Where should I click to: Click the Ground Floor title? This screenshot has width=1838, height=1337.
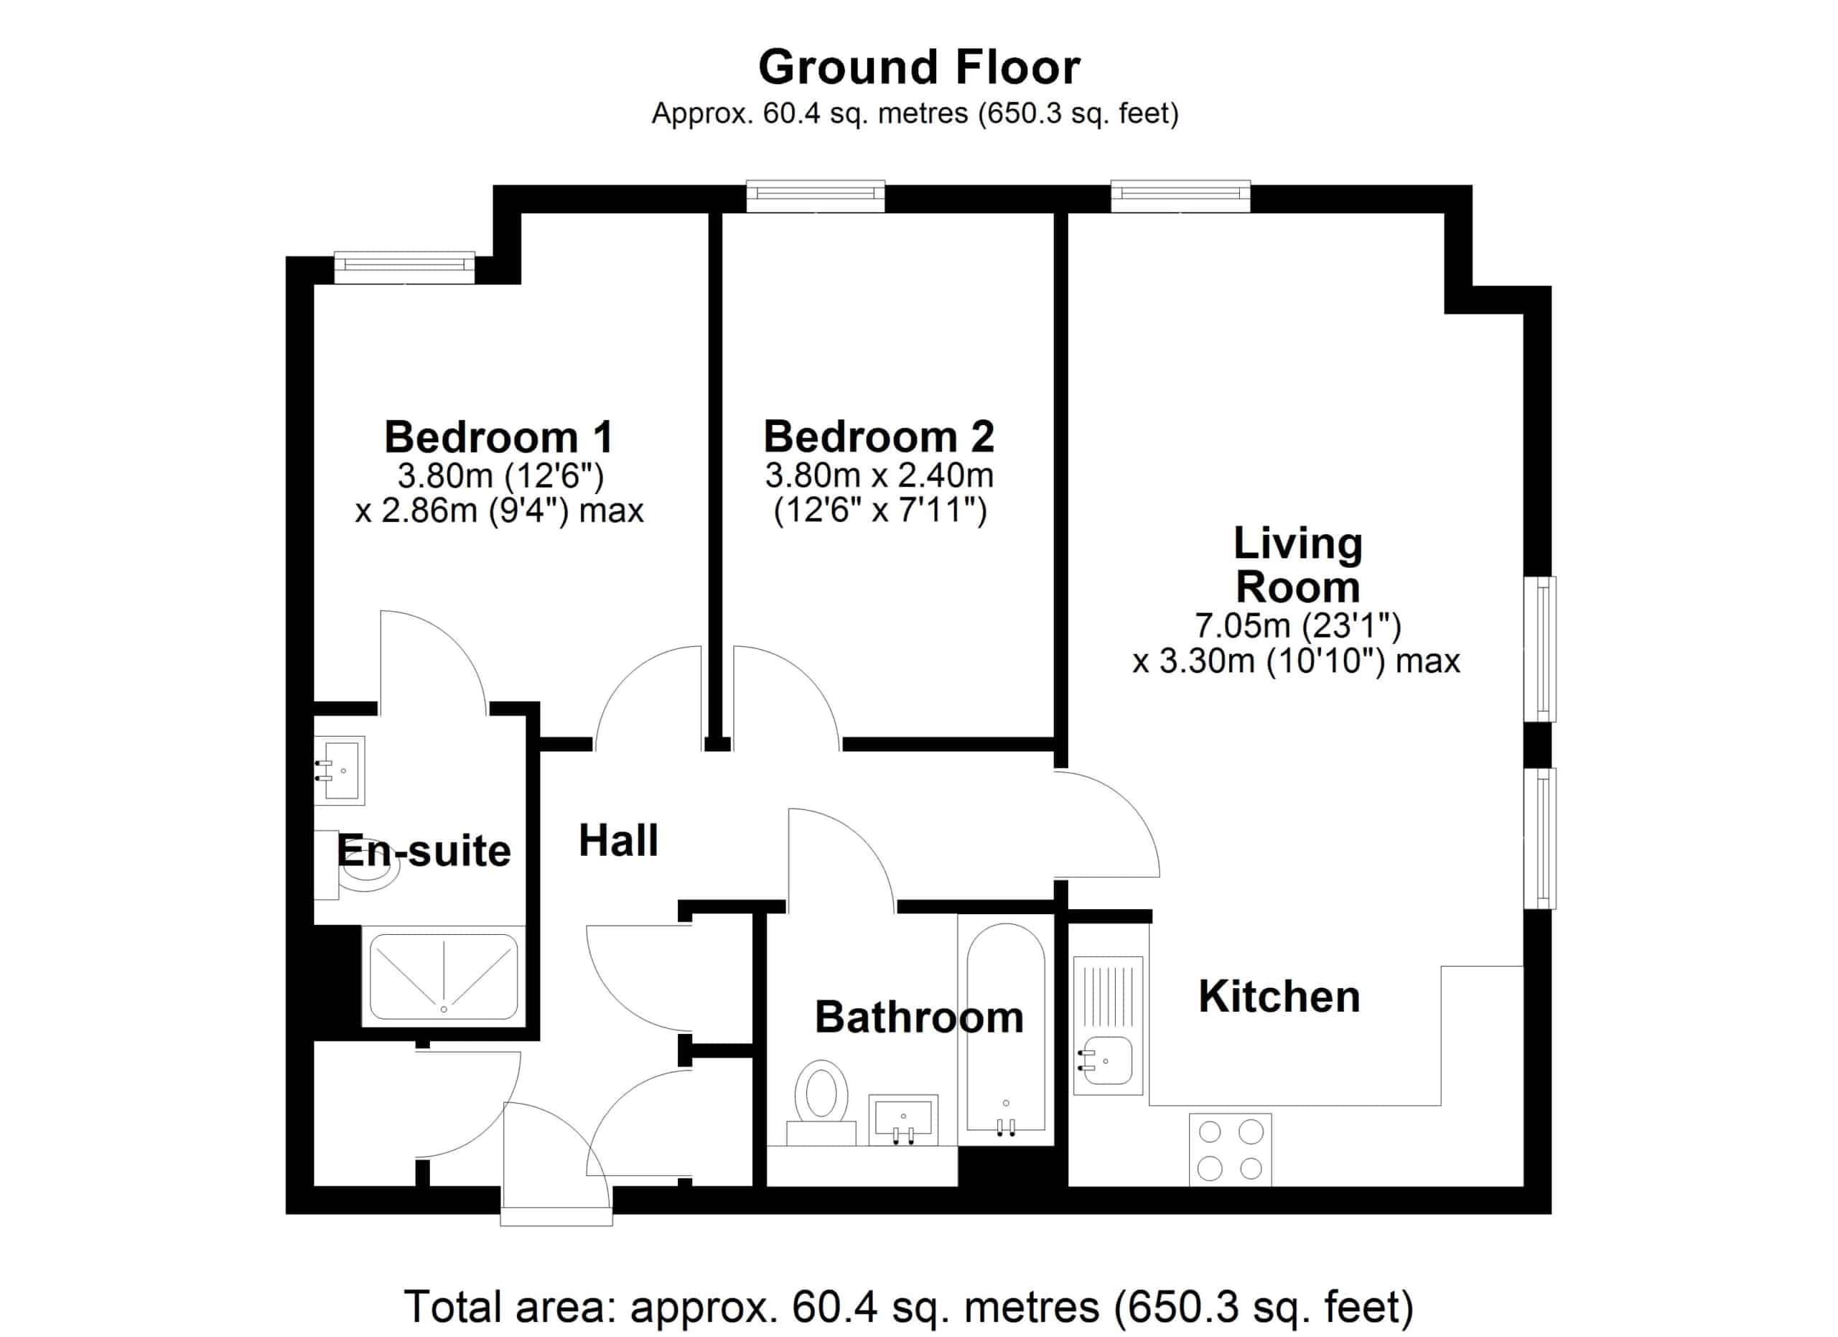click(919, 67)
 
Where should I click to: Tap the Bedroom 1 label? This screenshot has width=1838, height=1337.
click(498, 437)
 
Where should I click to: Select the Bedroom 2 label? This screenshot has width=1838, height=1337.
click(879, 437)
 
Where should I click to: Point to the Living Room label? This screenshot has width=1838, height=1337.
click(1297, 565)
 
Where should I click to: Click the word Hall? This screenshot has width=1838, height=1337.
click(618, 840)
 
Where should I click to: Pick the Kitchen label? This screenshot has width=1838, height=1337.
click(1279, 996)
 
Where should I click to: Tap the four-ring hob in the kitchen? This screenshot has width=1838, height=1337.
click(1230, 1149)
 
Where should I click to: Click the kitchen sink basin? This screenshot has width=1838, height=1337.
click(1108, 1060)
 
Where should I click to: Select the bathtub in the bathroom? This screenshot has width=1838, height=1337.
click(1006, 1028)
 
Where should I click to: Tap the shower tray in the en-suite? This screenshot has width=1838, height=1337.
click(443, 977)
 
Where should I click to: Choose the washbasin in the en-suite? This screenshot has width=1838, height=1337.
click(340, 770)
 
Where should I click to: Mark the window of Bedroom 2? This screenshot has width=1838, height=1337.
click(816, 196)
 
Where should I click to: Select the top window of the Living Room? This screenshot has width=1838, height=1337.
click(1180, 196)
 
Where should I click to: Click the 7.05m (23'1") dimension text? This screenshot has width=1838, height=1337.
click(1297, 625)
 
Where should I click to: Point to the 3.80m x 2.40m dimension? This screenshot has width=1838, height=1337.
click(880, 475)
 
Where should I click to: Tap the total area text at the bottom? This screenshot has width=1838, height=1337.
click(908, 1307)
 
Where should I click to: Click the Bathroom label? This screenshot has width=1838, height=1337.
click(919, 1017)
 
